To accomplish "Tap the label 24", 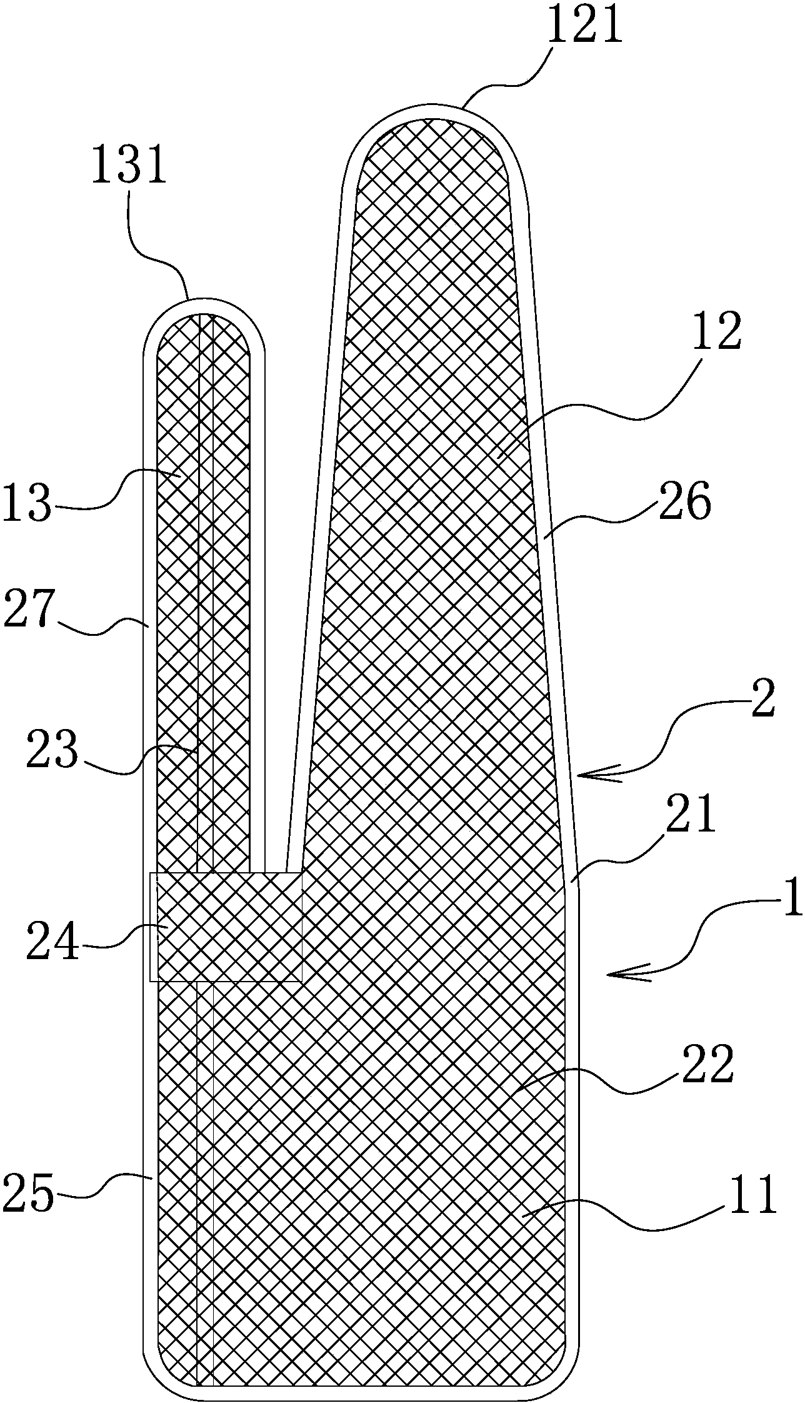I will tap(52, 948).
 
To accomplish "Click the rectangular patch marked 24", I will tap(226, 925).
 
